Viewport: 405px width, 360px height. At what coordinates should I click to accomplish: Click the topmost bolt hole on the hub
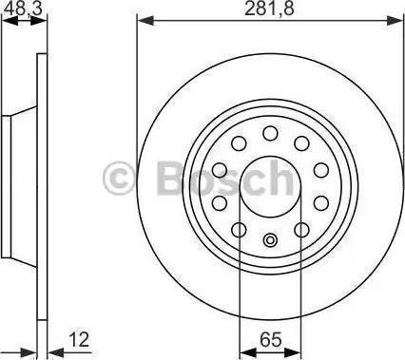click(270, 132)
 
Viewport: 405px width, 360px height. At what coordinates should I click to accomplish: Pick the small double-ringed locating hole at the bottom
click(270, 239)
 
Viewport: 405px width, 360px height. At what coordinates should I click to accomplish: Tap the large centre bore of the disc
click(270, 186)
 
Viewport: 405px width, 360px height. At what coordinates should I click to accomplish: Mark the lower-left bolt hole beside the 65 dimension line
click(239, 229)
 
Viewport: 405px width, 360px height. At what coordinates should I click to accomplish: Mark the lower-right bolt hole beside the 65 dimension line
click(301, 229)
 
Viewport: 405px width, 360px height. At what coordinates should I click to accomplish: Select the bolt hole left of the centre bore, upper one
click(221, 169)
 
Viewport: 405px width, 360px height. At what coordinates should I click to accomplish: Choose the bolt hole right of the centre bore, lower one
click(319, 202)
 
